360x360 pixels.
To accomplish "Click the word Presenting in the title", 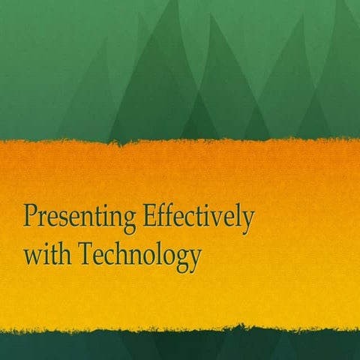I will click(x=77, y=219).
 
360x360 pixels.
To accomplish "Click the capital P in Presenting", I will click(x=31, y=217).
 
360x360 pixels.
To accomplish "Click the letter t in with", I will click(x=53, y=256).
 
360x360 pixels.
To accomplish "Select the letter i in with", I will click(x=46, y=255).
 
